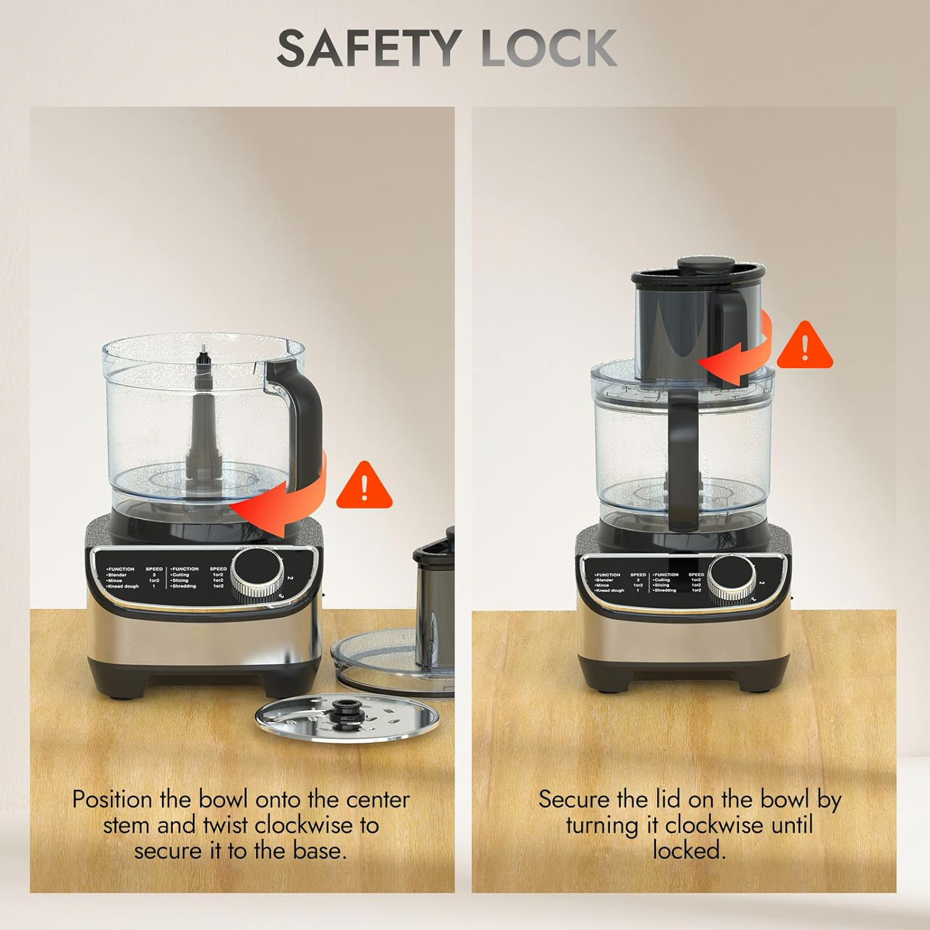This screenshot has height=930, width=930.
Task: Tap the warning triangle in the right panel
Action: click(804, 347)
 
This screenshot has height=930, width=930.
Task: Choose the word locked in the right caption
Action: click(688, 850)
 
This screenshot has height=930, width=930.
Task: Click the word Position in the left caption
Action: click(113, 800)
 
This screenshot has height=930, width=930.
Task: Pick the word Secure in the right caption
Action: click(575, 800)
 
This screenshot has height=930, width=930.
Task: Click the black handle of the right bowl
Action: click(682, 459)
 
